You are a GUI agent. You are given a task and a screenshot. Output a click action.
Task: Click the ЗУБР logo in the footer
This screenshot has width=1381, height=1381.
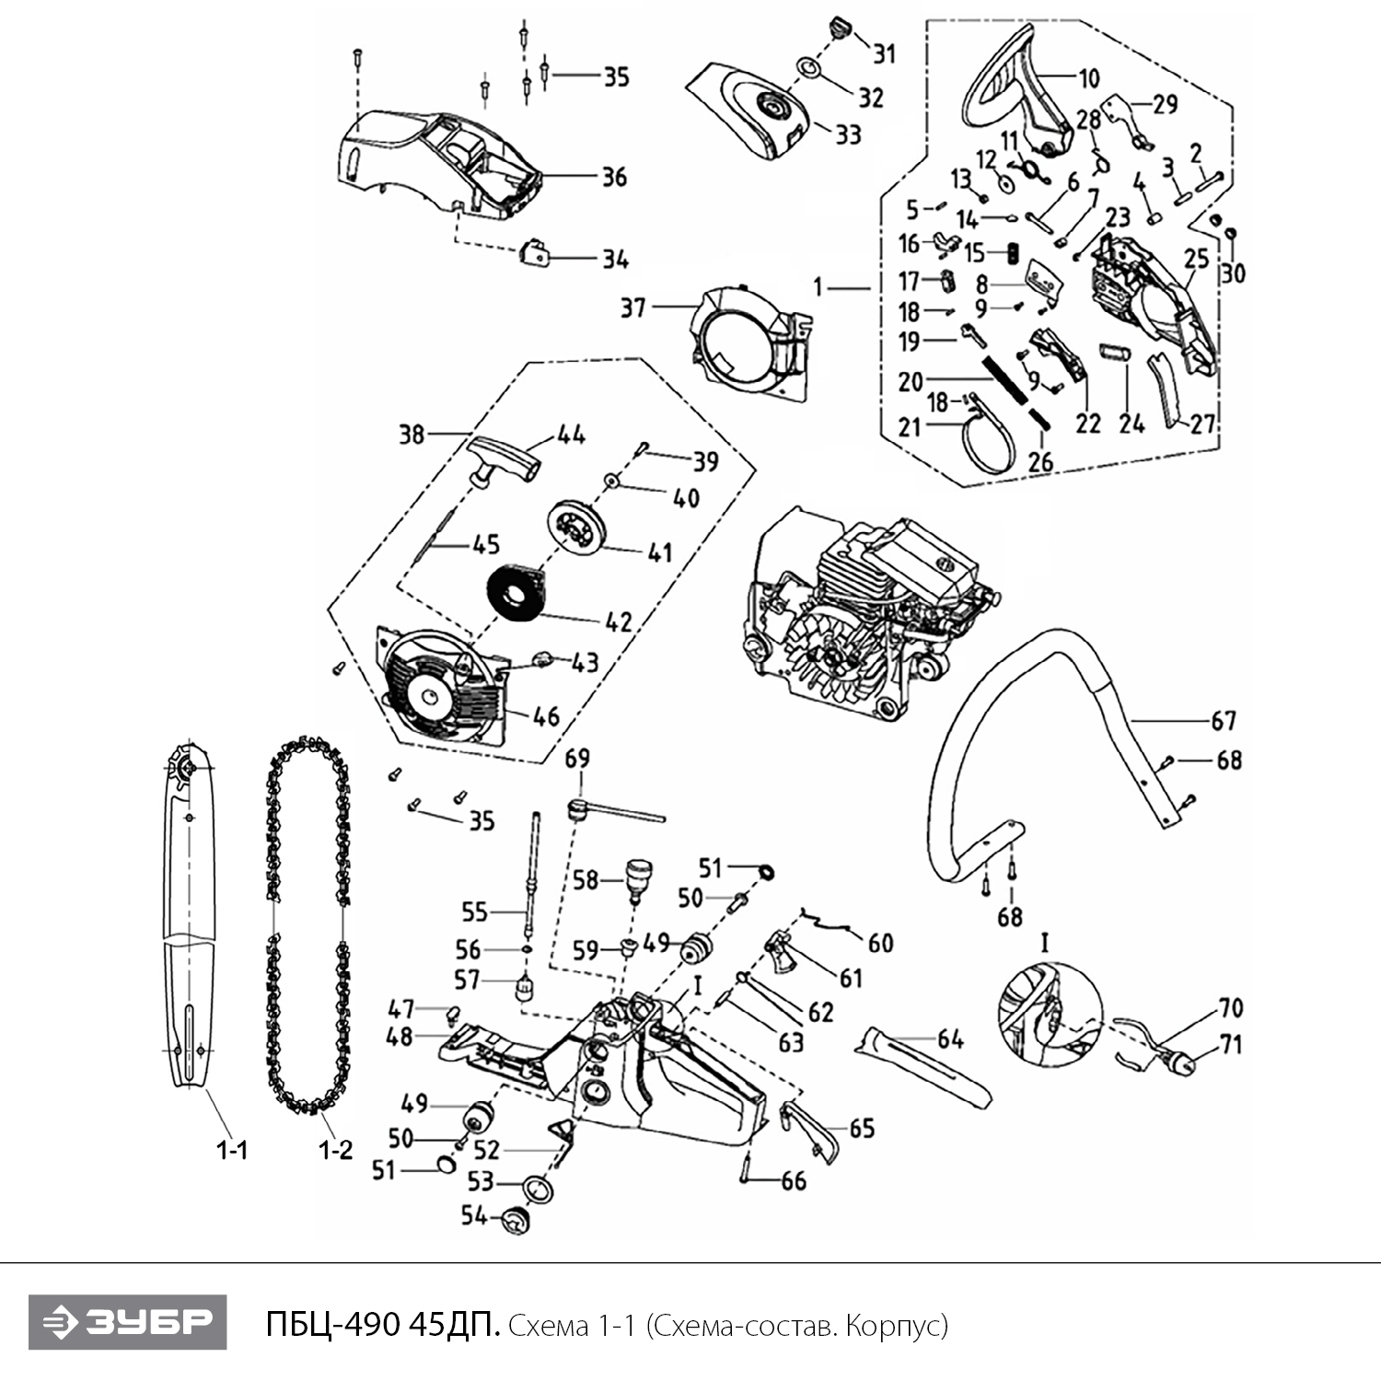pos(127,1322)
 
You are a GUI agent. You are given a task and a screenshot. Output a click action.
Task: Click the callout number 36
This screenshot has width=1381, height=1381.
pos(614,176)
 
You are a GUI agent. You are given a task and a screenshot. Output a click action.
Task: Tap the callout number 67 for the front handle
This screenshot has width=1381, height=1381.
pos(1223,720)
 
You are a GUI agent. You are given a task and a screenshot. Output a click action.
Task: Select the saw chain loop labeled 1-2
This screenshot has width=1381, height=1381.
pos(309,921)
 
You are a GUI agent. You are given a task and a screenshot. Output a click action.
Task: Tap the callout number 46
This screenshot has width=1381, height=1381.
pos(546,716)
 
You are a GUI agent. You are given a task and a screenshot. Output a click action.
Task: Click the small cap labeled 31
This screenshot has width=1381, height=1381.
pos(840,28)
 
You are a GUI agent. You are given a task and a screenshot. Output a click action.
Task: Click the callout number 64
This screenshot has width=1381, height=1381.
pos(950,1039)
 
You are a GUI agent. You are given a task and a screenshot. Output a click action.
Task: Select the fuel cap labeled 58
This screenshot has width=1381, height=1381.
pos(633,877)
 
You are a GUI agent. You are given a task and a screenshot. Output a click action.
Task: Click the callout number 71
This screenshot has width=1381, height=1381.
pos(1230,1045)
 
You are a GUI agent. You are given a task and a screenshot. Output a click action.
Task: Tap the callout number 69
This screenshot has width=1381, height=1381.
pos(577,759)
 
